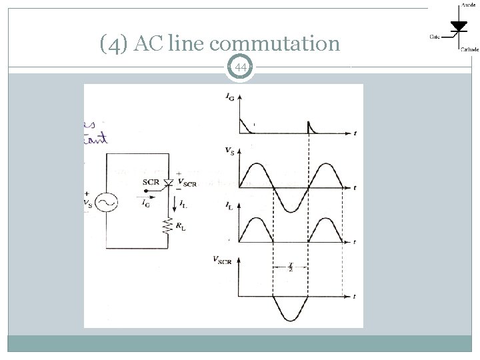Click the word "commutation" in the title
pyautogui.click(x=279, y=45)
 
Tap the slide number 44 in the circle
pyautogui.click(x=241, y=67)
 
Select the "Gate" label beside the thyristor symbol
pyautogui.click(x=434, y=37)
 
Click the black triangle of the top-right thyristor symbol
pyautogui.click(x=459, y=26)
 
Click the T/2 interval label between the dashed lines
pyautogui.click(x=291, y=268)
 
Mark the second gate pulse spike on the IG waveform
pyautogui.click(x=309, y=126)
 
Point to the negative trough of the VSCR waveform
pyautogui.click(x=291, y=319)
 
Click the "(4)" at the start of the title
pyautogui.click(x=115, y=45)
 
